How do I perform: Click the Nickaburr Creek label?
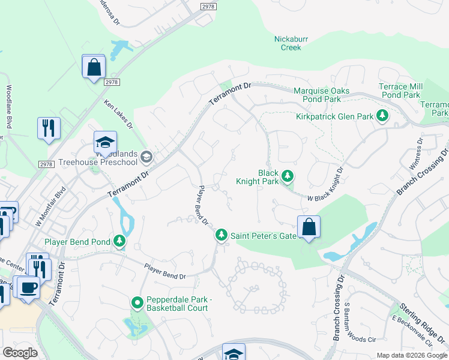pyautogui.click(x=287, y=43)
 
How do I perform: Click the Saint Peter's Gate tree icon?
pyautogui.click(x=221, y=236)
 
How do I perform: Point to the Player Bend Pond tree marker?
pyautogui.click(x=120, y=242)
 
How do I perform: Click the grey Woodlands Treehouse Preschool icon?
pyautogui.click(x=146, y=157)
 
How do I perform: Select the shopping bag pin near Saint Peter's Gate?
pyautogui.click(x=309, y=227)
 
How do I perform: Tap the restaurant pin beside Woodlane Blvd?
pyautogui.click(x=49, y=128)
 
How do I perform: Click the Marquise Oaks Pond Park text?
pyautogui.click(x=321, y=95)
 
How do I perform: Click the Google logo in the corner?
pyautogui.click(x=20, y=352)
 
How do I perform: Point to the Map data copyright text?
pyautogui.click(x=411, y=355)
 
